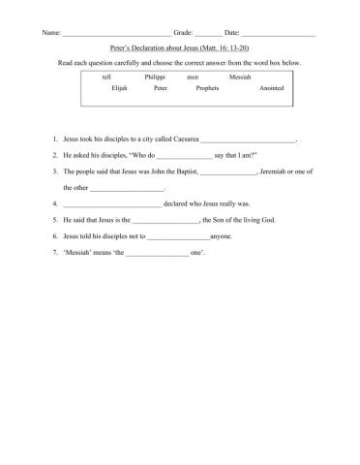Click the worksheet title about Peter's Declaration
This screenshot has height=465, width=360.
click(180, 46)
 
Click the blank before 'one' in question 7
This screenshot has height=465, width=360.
click(158, 253)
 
